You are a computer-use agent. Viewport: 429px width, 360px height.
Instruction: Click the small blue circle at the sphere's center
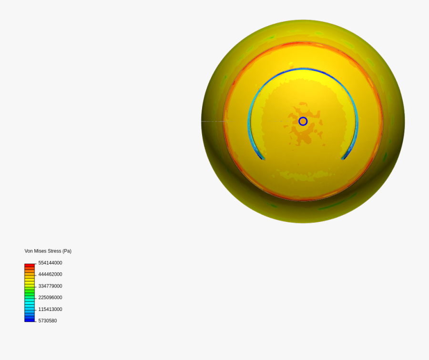click(303, 121)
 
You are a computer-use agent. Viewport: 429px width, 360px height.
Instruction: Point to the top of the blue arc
click(303, 70)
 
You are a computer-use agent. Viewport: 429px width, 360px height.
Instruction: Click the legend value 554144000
click(50, 263)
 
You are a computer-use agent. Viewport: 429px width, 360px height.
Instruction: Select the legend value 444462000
click(50, 274)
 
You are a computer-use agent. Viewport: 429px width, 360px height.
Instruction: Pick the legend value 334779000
click(50, 286)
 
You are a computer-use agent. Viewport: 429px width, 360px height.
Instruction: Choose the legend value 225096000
click(50, 298)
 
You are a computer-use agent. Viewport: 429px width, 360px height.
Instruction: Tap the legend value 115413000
click(50, 310)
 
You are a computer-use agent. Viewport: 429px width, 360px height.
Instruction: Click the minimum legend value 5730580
click(47, 321)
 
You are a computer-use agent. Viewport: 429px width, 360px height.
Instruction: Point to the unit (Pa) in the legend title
click(67, 251)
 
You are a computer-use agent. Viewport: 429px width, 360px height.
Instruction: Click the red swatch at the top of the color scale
click(30, 265)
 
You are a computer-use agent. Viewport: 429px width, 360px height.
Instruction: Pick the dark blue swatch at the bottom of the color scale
click(30, 320)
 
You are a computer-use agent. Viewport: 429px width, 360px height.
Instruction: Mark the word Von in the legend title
click(29, 251)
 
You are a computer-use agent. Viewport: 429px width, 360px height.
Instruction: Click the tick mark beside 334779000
click(35, 286)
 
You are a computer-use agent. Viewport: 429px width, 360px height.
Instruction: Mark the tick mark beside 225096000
click(35, 298)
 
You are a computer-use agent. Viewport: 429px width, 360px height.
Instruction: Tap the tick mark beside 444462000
click(35, 275)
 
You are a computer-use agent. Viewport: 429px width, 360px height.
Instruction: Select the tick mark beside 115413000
click(35, 310)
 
